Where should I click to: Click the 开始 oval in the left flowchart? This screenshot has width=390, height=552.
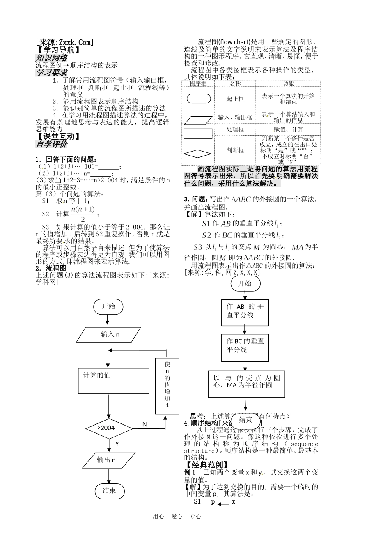pyautogui.click(x=108, y=306)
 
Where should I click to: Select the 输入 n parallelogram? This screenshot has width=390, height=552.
pyautogui.click(x=110, y=334)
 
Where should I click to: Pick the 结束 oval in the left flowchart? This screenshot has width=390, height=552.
pyautogui.click(x=109, y=490)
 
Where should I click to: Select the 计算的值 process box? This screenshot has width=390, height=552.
pyautogui.click(x=113, y=380)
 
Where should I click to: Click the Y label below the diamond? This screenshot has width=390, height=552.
pyautogui.click(x=117, y=444)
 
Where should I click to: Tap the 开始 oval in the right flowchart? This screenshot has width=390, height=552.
pyautogui.click(x=245, y=283)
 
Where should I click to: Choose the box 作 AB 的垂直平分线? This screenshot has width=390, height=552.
pyautogui.click(x=245, y=311)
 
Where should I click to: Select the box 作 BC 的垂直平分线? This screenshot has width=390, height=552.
pyautogui.click(x=245, y=345)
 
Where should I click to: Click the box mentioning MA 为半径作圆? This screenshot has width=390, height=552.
pyautogui.click(x=246, y=384)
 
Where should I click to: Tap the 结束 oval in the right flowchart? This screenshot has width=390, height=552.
pyautogui.click(x=245, y=420)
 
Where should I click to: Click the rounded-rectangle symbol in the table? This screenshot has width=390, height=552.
pyautogui.click(x=199, y=99)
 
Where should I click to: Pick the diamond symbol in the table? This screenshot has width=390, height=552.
pyautogui.click(x=198, y=154)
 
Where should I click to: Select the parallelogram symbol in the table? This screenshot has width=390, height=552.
pyautogui.click(x=198, y=120)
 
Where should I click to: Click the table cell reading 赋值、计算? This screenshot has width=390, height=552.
pyautogui.click(x=288, y=129)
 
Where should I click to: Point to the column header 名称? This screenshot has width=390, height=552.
pyautogui.click(x=235, y=84)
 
